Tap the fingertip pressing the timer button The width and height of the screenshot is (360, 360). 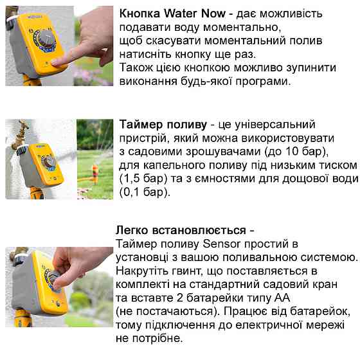(57, 61)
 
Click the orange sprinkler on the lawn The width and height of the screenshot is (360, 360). (96, 172)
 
